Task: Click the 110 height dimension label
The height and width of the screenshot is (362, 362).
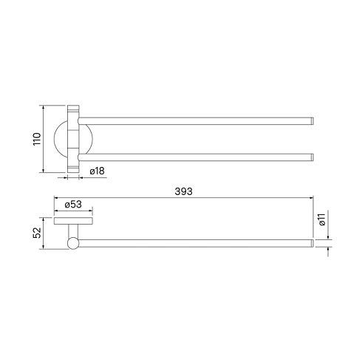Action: [37, 139]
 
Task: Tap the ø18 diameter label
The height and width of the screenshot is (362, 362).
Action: [97, 171]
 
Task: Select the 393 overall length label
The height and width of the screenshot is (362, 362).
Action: [183, 191]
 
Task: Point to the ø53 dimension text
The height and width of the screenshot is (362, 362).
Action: [73, 205]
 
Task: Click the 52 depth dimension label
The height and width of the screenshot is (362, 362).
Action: [37, 233]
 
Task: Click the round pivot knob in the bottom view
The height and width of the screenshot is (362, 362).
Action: [73, 243]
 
